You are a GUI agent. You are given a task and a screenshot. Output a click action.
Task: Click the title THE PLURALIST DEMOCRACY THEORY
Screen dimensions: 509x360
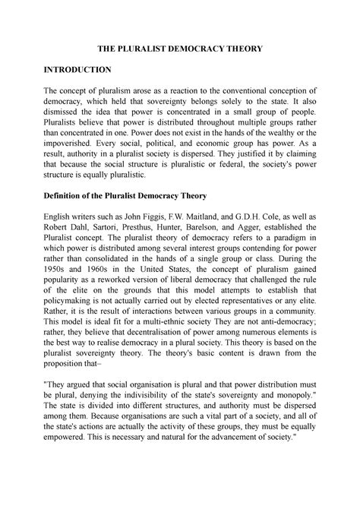pos(179,49)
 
